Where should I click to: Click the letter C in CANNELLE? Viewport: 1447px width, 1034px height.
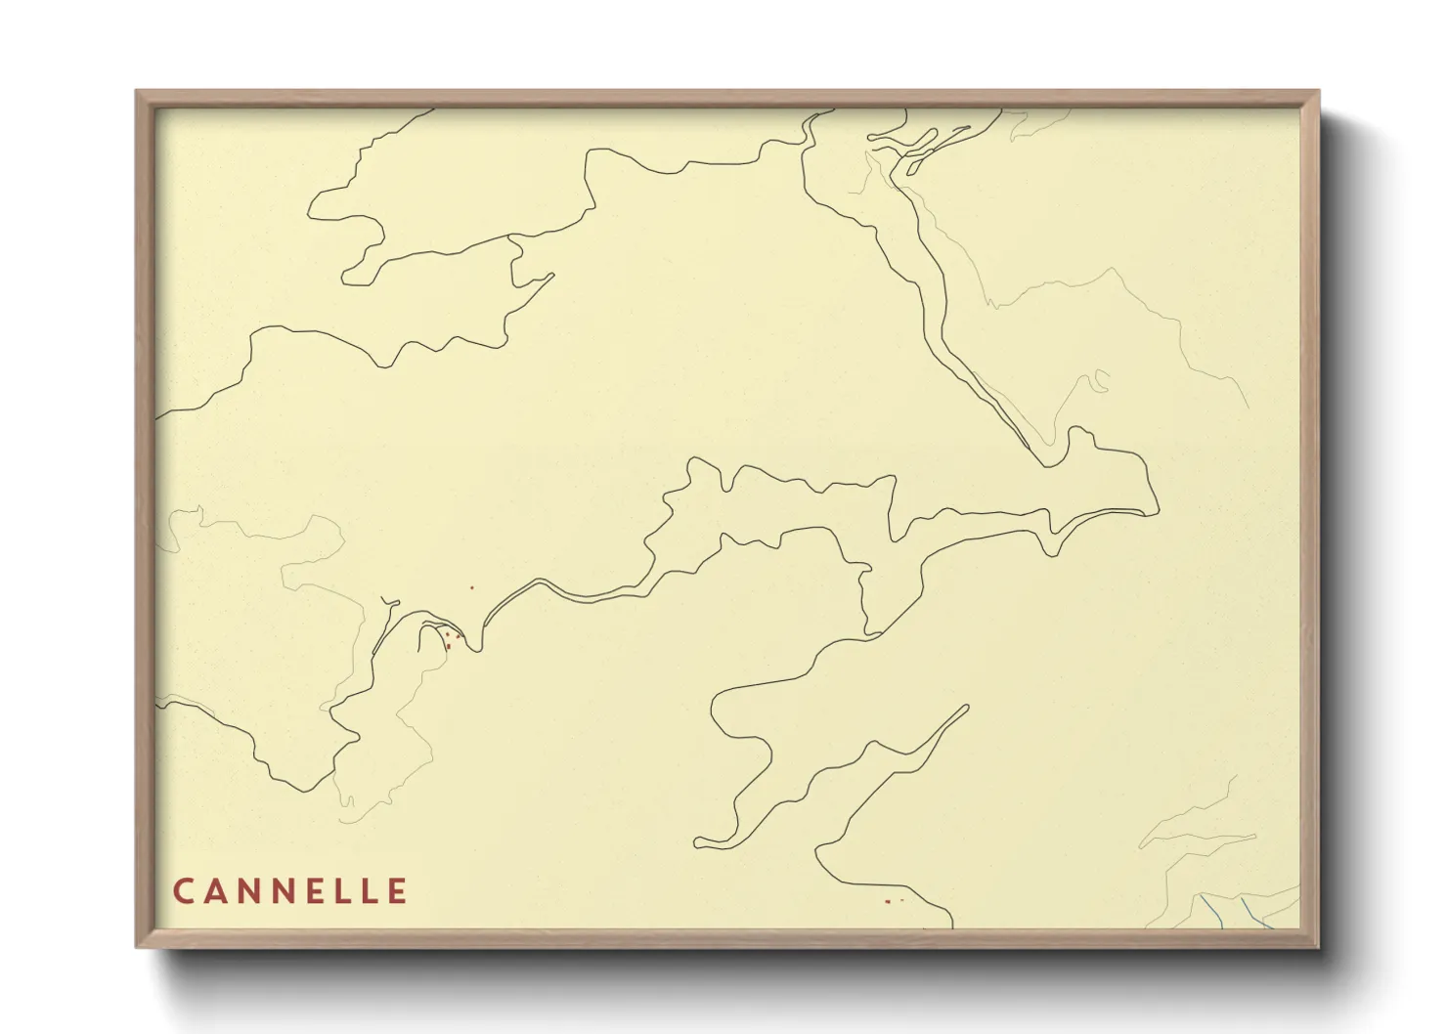(183, 891)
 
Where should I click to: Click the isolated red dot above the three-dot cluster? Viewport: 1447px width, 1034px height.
(471, 587)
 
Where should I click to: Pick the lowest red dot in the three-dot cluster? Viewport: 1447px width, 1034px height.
(448, 647)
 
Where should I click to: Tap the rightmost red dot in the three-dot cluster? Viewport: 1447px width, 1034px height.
(458, 636)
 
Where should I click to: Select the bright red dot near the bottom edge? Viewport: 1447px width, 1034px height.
(887, 901)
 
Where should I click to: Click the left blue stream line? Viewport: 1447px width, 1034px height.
(1212, 911)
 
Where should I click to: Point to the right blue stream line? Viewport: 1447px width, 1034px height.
(1255, 917)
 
